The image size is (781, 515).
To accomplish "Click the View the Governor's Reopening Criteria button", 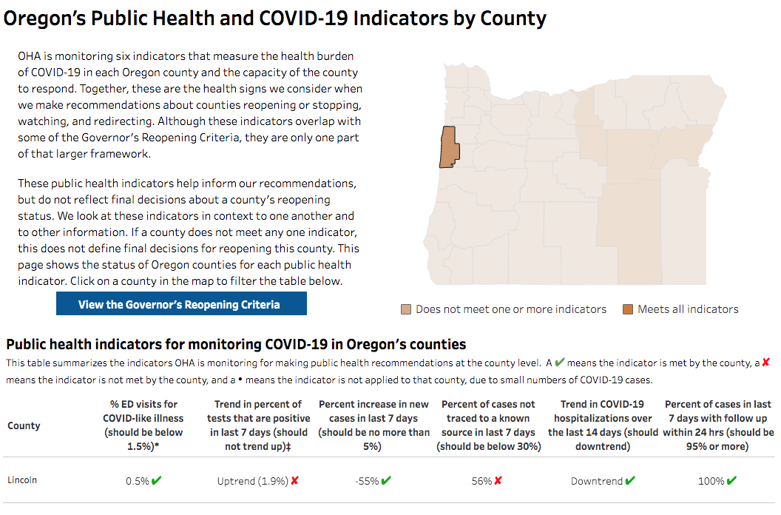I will [x=181, y=304].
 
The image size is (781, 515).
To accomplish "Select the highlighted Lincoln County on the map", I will [x=448, y=147].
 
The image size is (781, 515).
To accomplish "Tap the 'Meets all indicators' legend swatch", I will [x=628, y=309].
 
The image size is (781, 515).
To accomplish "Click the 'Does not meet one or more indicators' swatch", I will [x=406, y=309].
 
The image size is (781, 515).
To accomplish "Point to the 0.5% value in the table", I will [x=138, y=481].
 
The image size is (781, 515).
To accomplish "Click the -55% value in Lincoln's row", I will [x=367, y=481].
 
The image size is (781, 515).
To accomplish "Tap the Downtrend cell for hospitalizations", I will [x=597, y=481].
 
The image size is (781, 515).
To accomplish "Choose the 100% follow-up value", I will [x=711, y=481].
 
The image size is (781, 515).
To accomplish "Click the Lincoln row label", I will [x=22, y=479].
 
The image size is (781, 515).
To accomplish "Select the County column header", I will [x=24, y=425].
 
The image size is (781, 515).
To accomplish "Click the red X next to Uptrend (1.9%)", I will [x=294, y=481].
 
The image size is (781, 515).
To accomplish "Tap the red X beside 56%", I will [x=498, y=481].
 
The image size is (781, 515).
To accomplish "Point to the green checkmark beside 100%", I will [x=732, y=481].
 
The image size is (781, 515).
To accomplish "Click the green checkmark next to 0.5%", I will [x=156, y=481].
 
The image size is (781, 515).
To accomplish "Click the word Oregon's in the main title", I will [x=44, y=18].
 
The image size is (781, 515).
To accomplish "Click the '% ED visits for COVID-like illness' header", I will [x=144, y=425].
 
